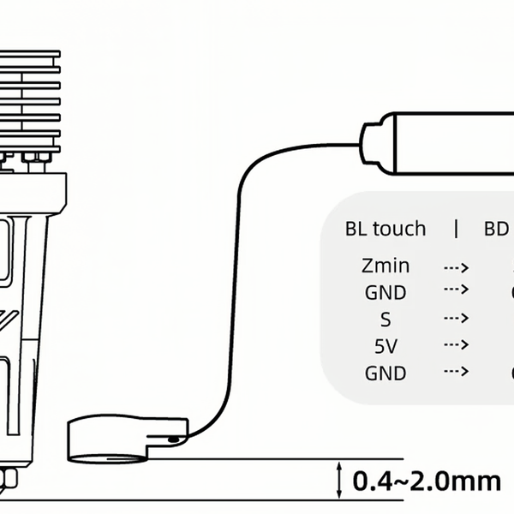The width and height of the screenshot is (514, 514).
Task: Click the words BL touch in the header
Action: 385,229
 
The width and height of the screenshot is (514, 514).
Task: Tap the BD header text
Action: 498,229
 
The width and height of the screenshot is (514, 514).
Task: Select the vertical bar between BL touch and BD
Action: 456,229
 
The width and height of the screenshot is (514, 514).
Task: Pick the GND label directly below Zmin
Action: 385,292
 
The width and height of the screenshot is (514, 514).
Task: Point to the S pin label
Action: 385,320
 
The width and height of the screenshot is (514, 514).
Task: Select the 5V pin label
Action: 385,346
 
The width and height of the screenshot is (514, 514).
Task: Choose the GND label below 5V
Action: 385,374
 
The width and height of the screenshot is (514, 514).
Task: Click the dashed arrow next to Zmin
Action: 456,266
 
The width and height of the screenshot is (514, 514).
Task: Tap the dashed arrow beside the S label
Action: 456,319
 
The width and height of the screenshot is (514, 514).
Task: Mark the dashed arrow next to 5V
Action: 456,345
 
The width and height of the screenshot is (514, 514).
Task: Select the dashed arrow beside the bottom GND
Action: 456,372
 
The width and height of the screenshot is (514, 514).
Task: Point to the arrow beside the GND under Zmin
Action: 456,290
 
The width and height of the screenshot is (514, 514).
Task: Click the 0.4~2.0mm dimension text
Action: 427,481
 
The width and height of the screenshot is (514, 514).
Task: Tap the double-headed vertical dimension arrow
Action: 340,480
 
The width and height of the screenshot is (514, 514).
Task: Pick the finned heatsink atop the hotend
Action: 30,99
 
